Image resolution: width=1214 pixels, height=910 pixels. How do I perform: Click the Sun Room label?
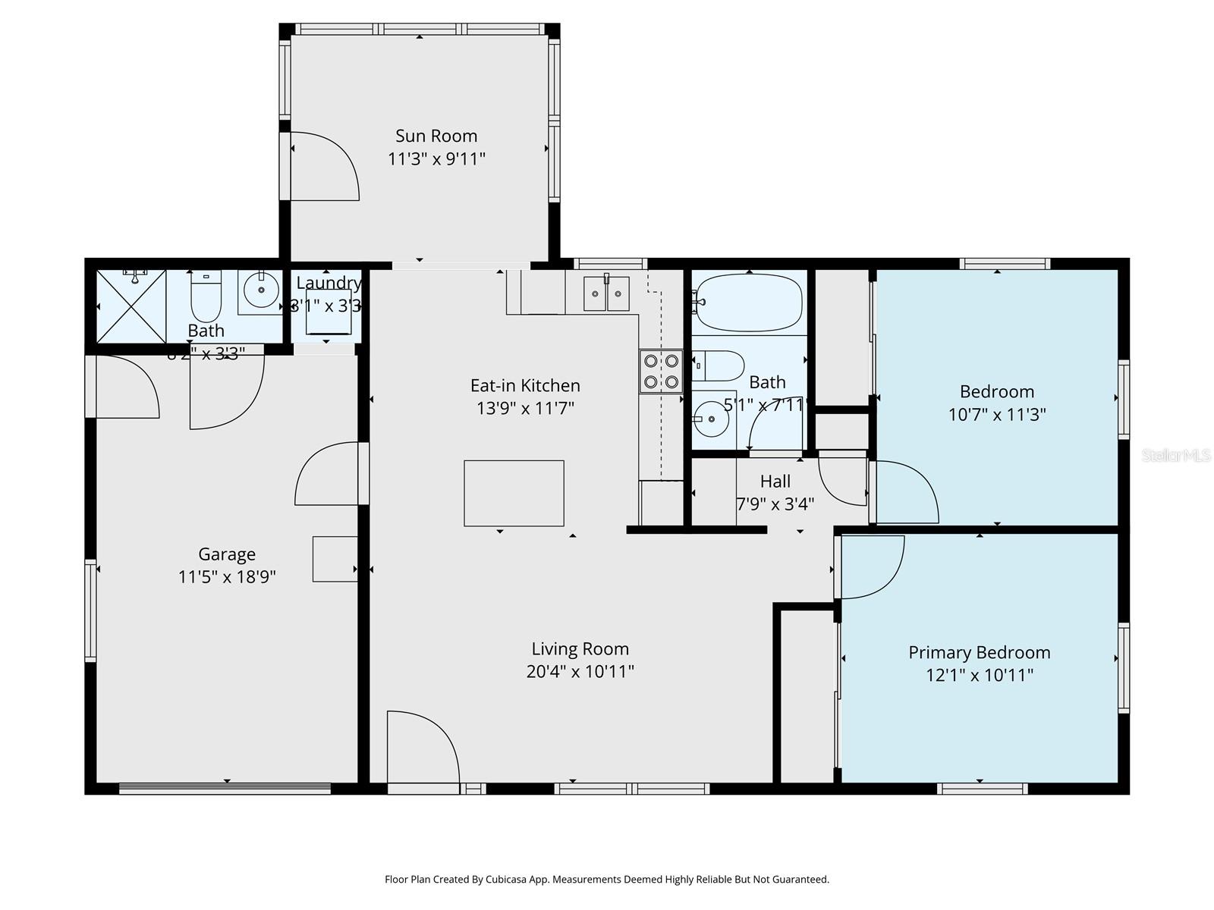tap(436, 136)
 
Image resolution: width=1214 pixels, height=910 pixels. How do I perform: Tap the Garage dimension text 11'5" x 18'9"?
tap(226, 577)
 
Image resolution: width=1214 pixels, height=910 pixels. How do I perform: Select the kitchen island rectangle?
tap(514, 493)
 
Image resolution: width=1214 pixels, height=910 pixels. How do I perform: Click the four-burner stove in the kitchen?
tap(661, 371)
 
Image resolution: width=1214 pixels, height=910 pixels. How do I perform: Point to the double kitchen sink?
tap(606, 293)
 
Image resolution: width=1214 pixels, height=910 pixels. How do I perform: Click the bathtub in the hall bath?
tap(749, 303)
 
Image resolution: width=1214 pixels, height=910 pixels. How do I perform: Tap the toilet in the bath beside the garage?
tap(205, 297)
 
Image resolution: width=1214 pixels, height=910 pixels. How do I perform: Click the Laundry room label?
tap(328, 283)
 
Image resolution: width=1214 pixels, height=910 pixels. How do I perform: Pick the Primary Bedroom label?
tap(979, 652)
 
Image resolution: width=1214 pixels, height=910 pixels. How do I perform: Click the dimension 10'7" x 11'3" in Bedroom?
tap(996, 415)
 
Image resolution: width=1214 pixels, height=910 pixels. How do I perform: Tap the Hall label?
tap(775, 481)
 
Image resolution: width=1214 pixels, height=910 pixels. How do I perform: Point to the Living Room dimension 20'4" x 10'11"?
tap(580, 671)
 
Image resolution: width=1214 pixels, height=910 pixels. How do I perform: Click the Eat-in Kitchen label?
tap(525, 385)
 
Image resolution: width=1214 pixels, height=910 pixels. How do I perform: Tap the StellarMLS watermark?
tap(1175, 455)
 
